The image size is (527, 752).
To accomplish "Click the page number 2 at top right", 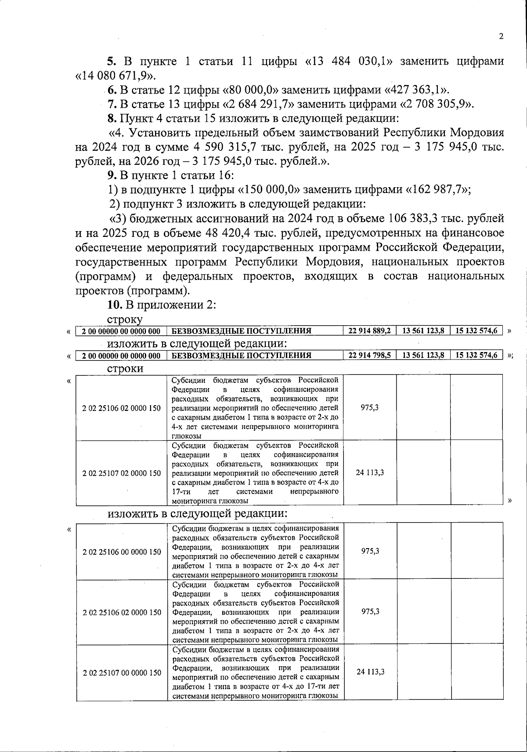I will click(x=501, y=36).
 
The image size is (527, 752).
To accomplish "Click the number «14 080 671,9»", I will click(x=115, y=75).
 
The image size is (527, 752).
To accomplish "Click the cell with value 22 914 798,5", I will click(x=369, y=355).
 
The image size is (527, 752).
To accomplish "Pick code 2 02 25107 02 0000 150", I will click(x=122, y=473).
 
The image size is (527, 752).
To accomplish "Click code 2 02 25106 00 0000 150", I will click(x=122, y=552).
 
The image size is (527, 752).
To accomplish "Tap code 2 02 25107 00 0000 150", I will click(x=122, y=673).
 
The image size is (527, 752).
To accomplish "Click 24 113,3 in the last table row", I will click(x=370, y=672).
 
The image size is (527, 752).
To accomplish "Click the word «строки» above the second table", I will click(x=126, y=368).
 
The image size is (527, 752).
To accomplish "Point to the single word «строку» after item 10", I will click(x=125, y=320).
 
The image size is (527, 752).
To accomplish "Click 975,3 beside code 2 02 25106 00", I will click(x=370, y=551).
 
